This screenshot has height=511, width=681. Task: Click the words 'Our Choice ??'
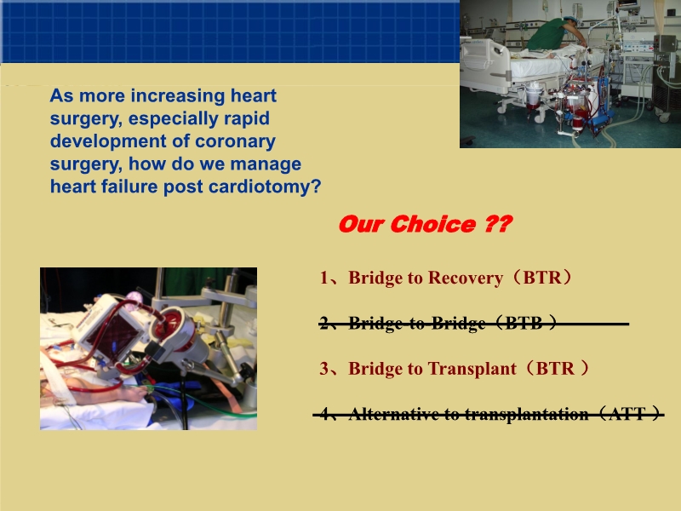(425, 225)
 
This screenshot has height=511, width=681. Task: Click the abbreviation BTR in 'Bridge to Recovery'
(543, 278)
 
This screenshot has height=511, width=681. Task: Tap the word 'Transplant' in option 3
(472, 369)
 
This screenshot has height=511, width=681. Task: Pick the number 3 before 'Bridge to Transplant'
(324, 369)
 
